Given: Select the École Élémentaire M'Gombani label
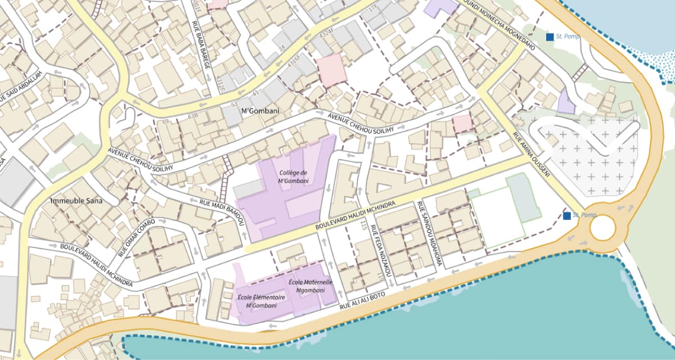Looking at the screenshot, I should (x=261, y=301).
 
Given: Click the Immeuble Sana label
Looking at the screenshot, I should (x=76, y=201).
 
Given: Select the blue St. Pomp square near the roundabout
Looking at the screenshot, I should (x=568, y=215).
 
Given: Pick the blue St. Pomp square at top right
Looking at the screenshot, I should (x=550, y=37).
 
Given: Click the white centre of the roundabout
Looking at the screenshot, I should (x=602, y=228).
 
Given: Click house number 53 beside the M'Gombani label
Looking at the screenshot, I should (x=235, y=105).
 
